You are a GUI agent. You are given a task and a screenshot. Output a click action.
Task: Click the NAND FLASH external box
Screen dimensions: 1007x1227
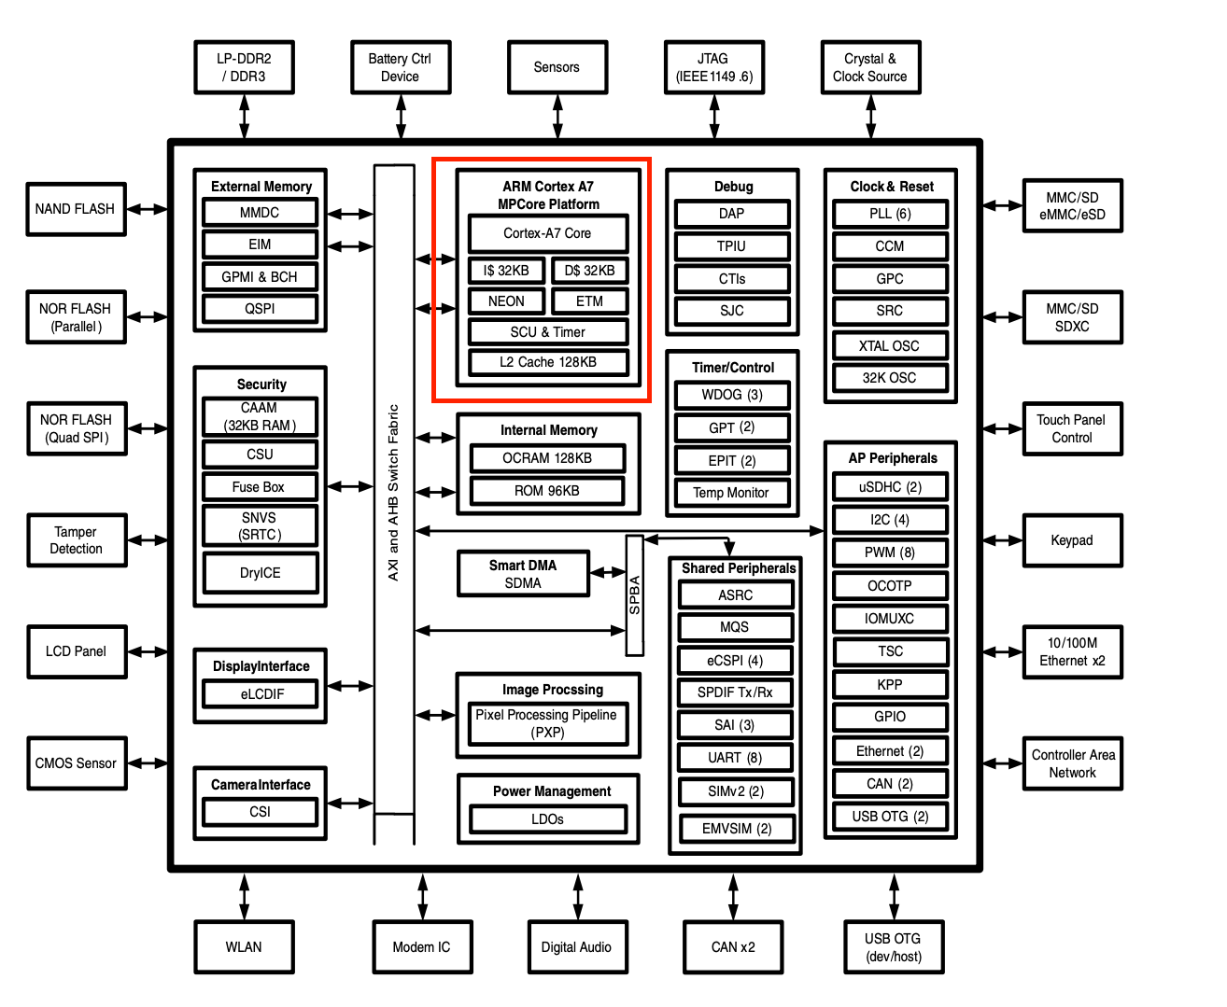click(x=76, y=209)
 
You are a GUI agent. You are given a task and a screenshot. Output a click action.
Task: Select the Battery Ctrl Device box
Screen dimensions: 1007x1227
click(x=401, y=67)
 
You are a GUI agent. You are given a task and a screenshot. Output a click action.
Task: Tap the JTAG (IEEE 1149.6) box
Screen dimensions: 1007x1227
click(x=713, y=67)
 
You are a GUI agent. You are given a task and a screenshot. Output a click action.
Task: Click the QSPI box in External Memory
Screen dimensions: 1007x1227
click(x=260, y=309)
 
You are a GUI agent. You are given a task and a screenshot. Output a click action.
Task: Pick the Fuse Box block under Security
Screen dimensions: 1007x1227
click(x=260, y=487)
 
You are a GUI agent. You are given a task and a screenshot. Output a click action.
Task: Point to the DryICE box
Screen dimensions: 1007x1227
click(x=260, y=573)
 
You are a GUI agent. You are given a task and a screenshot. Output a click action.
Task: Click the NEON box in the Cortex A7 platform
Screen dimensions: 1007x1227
click(x=506, y=301)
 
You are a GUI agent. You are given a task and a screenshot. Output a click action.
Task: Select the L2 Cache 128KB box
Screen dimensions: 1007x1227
click(x=548, y=362)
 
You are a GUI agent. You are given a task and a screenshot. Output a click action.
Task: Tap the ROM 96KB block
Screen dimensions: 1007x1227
click(x=547, y=491)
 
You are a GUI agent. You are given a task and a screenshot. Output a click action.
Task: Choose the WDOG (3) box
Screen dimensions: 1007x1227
click(x=732, y=395)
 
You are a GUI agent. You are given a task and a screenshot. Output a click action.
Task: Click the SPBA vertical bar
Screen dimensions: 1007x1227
click(x=635, y=595)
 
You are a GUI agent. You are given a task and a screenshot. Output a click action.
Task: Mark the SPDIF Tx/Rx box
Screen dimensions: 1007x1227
click(x=735, y=692)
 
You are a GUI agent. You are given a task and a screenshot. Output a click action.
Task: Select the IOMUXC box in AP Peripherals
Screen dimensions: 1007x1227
click(x=890, y=619)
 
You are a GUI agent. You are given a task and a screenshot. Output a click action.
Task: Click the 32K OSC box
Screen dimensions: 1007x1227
click(x=890, y=378)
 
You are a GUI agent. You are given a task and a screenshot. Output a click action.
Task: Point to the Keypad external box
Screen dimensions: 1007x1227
click(x=1072, y=540)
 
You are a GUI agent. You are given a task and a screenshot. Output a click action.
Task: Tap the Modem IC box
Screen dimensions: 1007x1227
click(x=422, y=947)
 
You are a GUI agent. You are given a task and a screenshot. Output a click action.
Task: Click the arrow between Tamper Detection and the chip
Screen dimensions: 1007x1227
click(x=148, y=540)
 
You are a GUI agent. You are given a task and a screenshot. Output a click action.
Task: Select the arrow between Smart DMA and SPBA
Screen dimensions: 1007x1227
click(x=608, y=573)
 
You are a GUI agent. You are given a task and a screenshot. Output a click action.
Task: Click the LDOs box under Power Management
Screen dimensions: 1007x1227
click(x=548, y=819)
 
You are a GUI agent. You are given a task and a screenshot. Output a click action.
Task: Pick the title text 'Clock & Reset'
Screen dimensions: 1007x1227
click(x=892, y=187)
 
